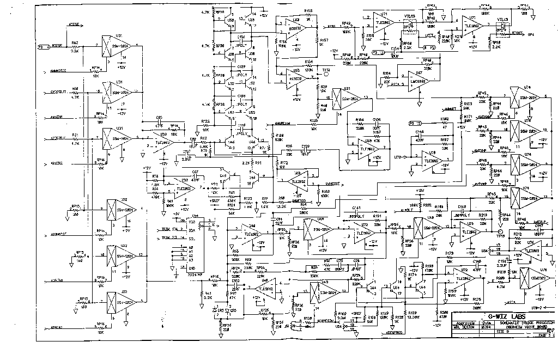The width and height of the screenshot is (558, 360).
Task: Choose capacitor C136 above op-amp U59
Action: (377, 123)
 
